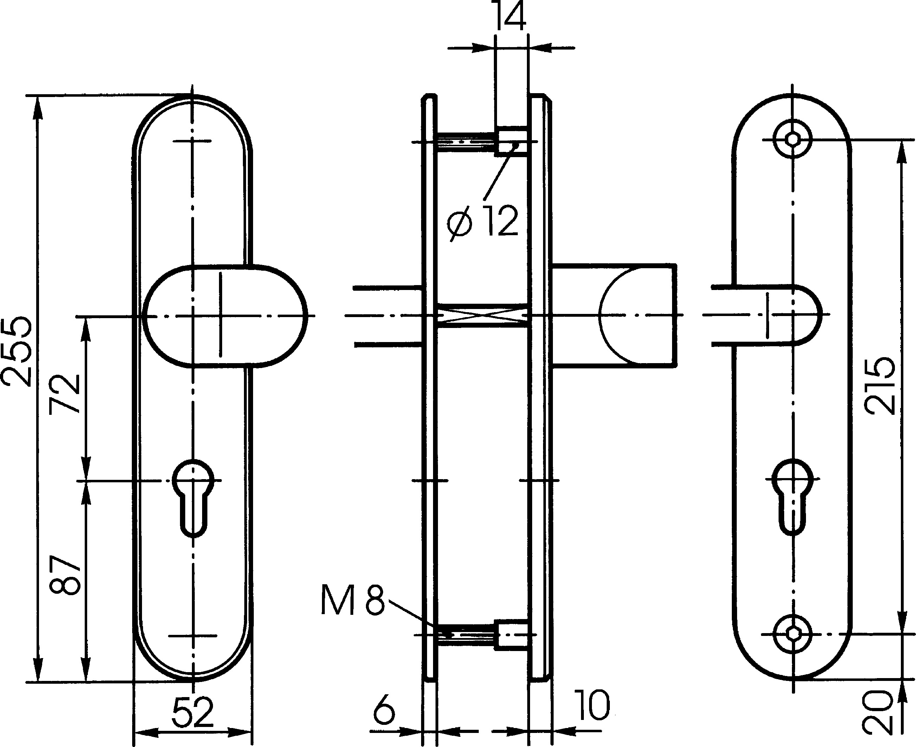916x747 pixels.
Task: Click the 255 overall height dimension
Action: [x=17, y=352]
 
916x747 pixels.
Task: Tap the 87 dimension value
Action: [x=65, y=575]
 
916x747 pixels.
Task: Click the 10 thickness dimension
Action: [x=592, y=705]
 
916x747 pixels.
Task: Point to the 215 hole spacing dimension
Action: [x=880, y=385]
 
